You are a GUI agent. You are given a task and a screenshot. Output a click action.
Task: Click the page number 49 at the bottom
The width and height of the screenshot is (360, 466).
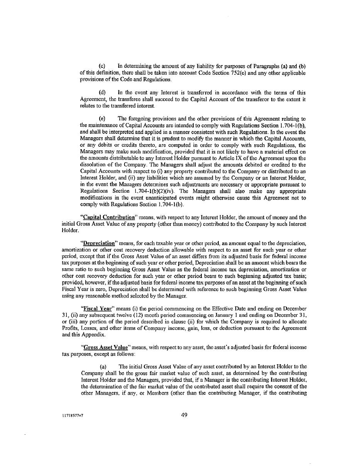coord(184,415)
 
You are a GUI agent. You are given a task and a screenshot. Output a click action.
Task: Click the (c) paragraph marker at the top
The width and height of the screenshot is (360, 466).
coord(103,66)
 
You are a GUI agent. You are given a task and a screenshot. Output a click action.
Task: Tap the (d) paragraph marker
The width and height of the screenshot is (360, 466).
coord(103,93)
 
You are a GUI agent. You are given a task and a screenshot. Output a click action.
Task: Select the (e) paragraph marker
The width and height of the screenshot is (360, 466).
coord(103,119)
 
